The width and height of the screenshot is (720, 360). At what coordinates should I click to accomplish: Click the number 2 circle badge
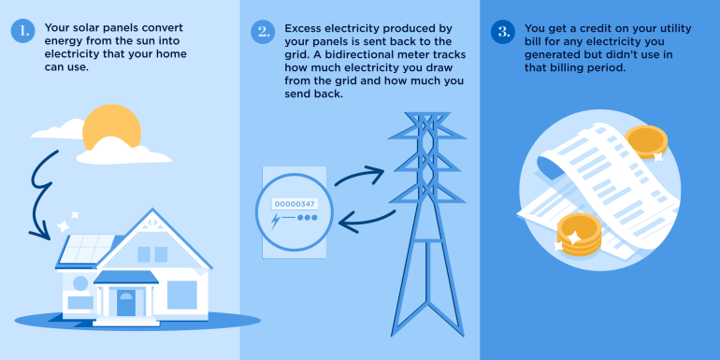tap(262, 32)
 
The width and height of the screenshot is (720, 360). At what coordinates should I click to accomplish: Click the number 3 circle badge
tap(502, 32)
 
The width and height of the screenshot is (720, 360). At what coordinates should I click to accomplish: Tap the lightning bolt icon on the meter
tap(277, 223)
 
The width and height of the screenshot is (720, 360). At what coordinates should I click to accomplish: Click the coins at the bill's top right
tap(644, 142)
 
